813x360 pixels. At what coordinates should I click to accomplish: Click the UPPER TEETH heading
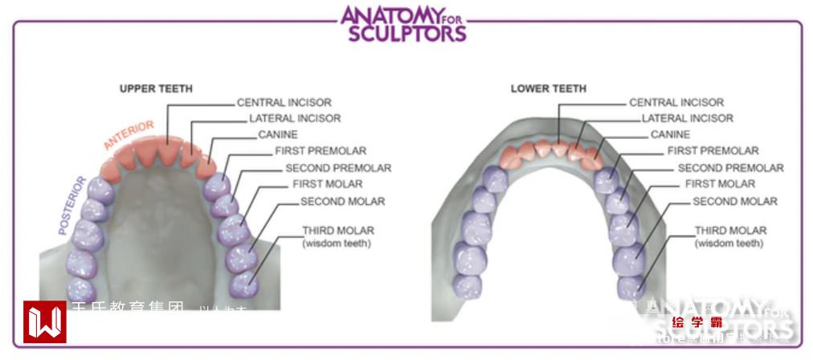click(x=156, y=88)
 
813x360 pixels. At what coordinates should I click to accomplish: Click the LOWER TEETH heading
click(x=549, y=88)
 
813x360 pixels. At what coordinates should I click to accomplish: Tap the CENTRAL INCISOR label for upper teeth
click(x=284, y=103)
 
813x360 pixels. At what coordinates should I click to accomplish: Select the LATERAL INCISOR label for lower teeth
click(x=687, y=118)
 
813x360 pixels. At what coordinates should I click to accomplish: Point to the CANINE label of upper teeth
click(x=277, y=135)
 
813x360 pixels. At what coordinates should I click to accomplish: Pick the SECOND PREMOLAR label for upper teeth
click(x=338, y=168)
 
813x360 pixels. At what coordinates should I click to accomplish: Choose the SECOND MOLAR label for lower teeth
click(x=735, y=201)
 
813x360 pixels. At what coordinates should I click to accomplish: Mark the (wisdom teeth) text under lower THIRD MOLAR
click(x=729, y=243)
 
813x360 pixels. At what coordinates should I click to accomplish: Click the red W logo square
click(x=44, y=322)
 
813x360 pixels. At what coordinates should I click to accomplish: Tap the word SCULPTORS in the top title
click(x=406, y=34)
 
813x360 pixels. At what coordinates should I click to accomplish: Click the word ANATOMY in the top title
click(x=392, y=15)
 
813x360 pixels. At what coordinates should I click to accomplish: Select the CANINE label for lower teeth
click(x=670, y=135)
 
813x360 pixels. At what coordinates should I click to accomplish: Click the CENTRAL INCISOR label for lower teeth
click(x=676, y=103)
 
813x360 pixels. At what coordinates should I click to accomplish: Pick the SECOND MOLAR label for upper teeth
click(x=342, y=201)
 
